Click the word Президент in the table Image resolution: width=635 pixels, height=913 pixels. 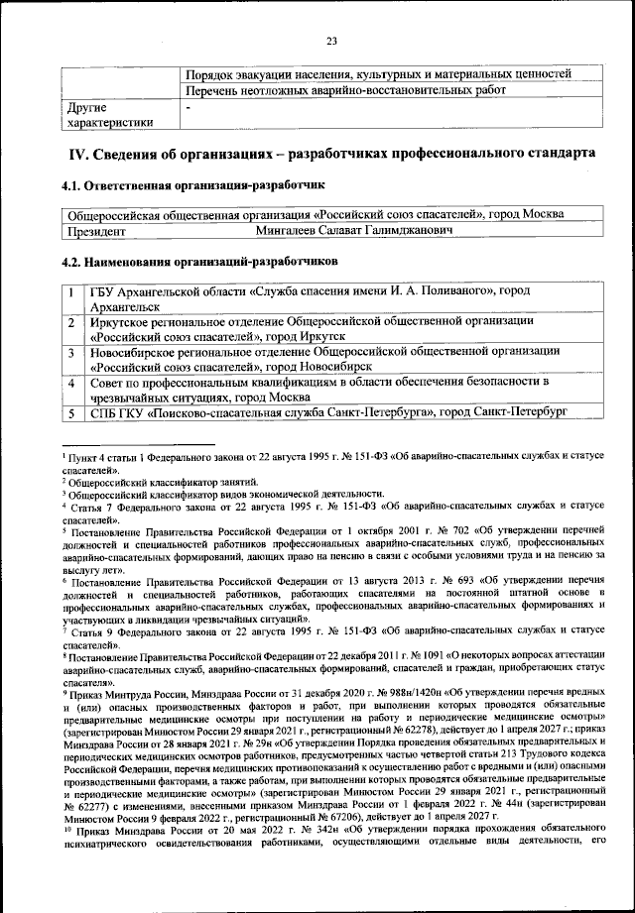[95, 230]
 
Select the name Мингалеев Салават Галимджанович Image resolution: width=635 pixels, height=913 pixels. [353, 230]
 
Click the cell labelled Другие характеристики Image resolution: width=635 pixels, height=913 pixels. [109, 115]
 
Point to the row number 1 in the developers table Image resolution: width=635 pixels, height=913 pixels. [71, 292]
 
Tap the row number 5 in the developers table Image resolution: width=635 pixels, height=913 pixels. [71, 413]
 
